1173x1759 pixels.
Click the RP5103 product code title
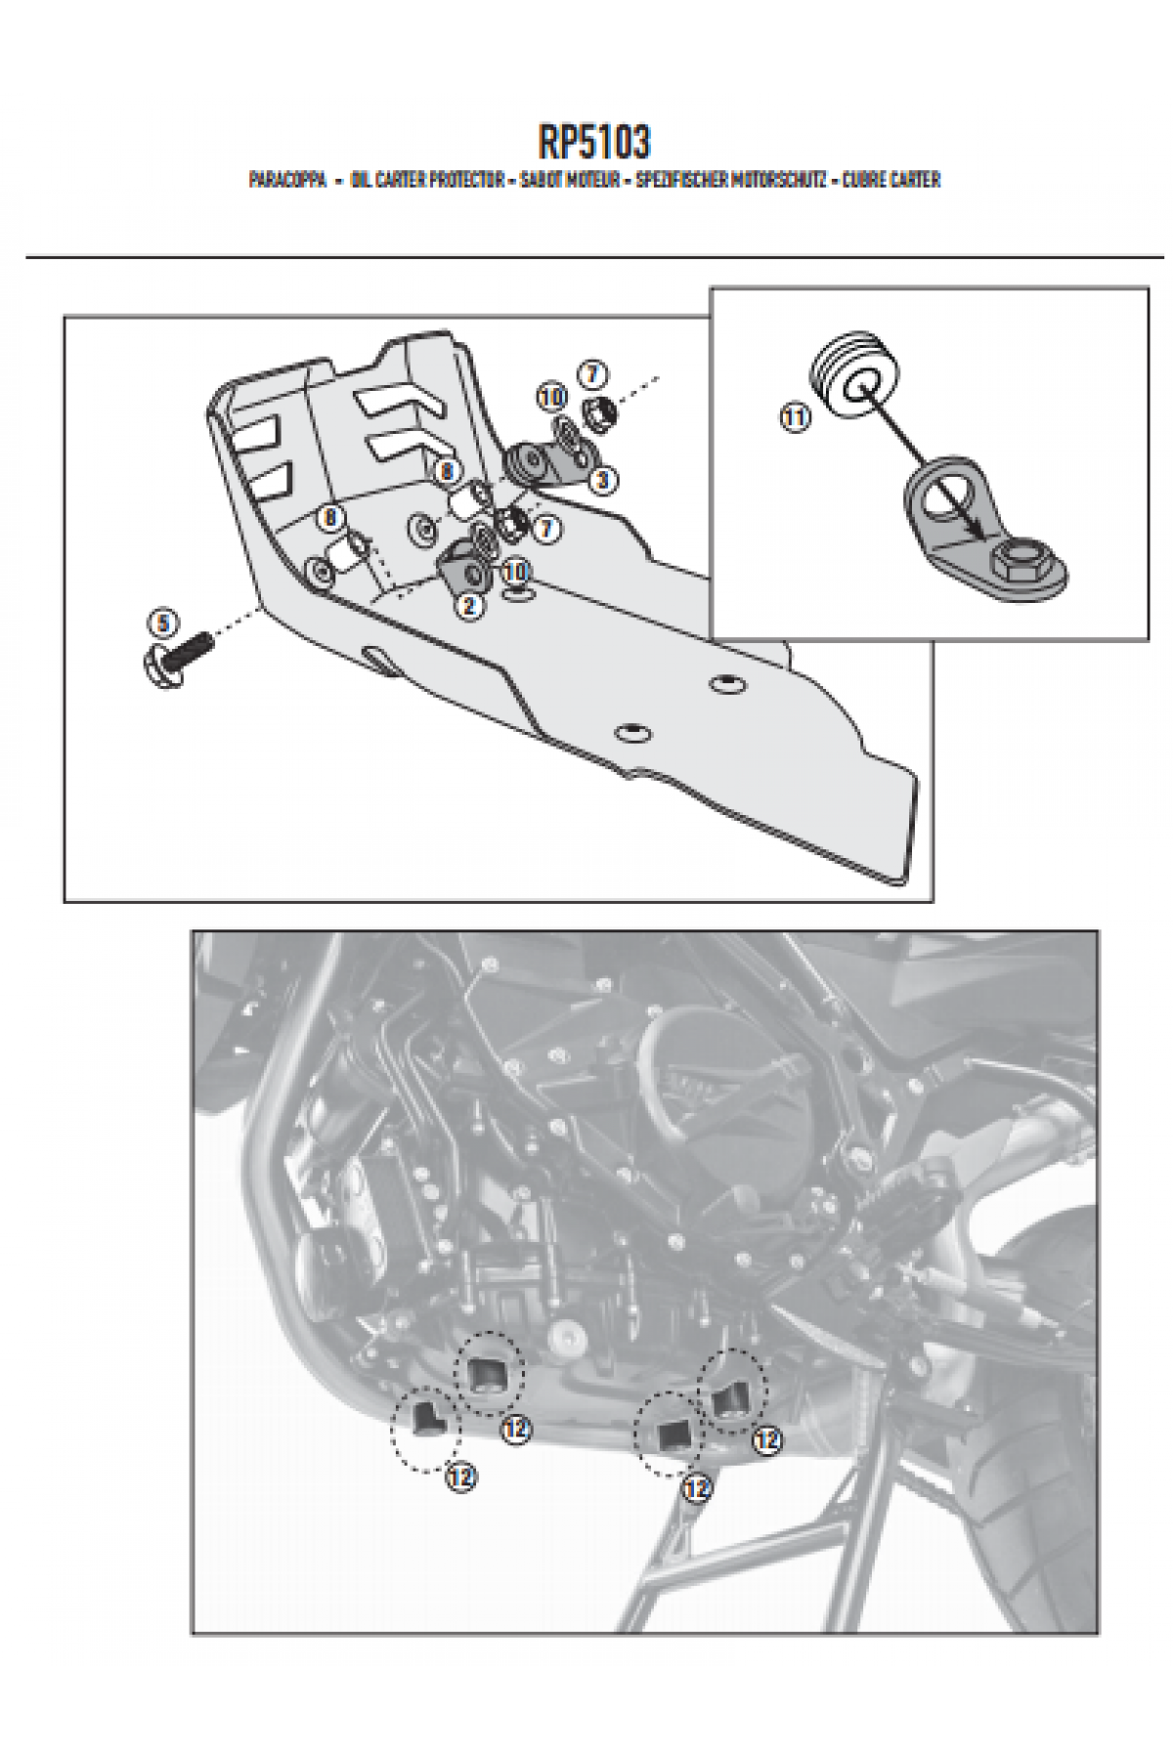pyautogui.click(x=592, y=143)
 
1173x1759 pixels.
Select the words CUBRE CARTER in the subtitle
pyautogui.click(x=891, y=181)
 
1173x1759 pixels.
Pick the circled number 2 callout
pyautogui.click(x=470, y=606)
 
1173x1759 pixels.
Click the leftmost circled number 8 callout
pyautogui.click(x=329, y=517)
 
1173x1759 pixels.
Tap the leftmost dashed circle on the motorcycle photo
pyautogui.click(x=425, y=1430)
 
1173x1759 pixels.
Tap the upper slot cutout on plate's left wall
pyautogui.click(x=261, y=434)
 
